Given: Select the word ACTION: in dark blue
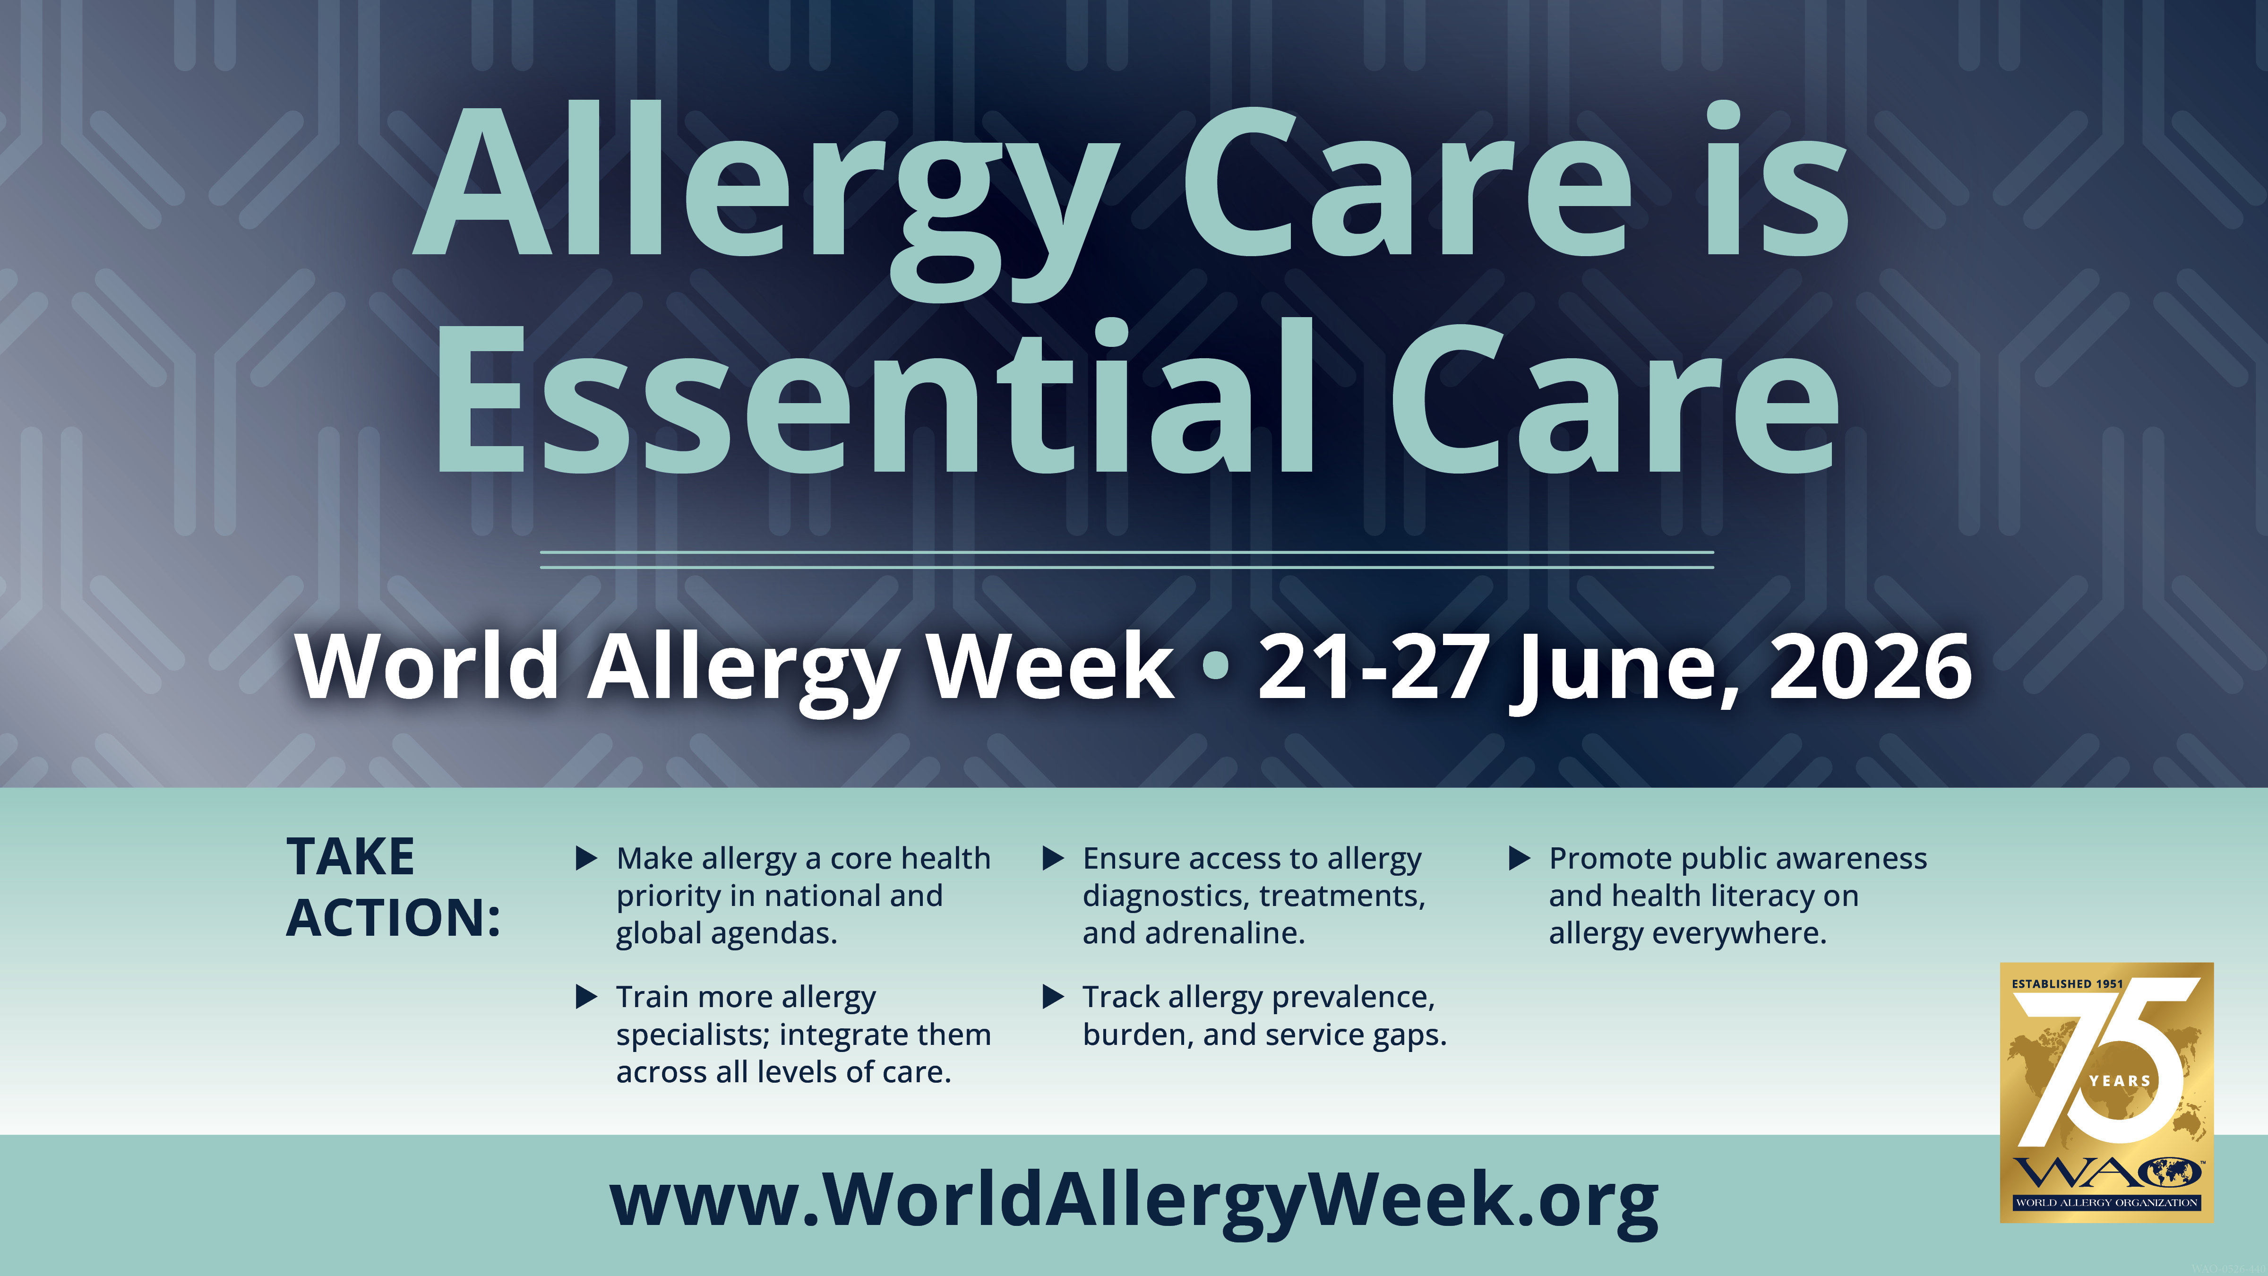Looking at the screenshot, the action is pos(394,918).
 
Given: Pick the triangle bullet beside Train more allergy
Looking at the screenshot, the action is pos(586,997).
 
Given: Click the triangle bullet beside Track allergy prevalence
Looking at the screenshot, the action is pos(1053,997).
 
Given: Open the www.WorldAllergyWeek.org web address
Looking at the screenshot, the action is pos(1134,1201).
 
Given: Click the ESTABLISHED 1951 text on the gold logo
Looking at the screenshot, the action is pos(2067,983).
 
